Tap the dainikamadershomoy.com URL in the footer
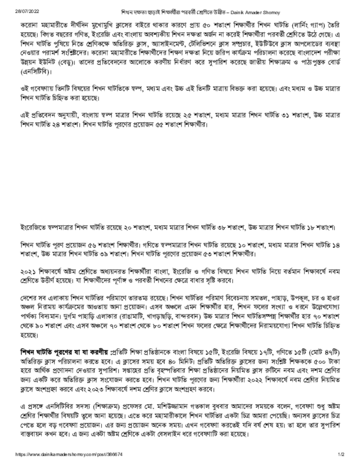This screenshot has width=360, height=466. [69, 454]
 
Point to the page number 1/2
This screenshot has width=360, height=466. [341, 454]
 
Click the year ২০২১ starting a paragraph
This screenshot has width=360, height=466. [29, 271]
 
